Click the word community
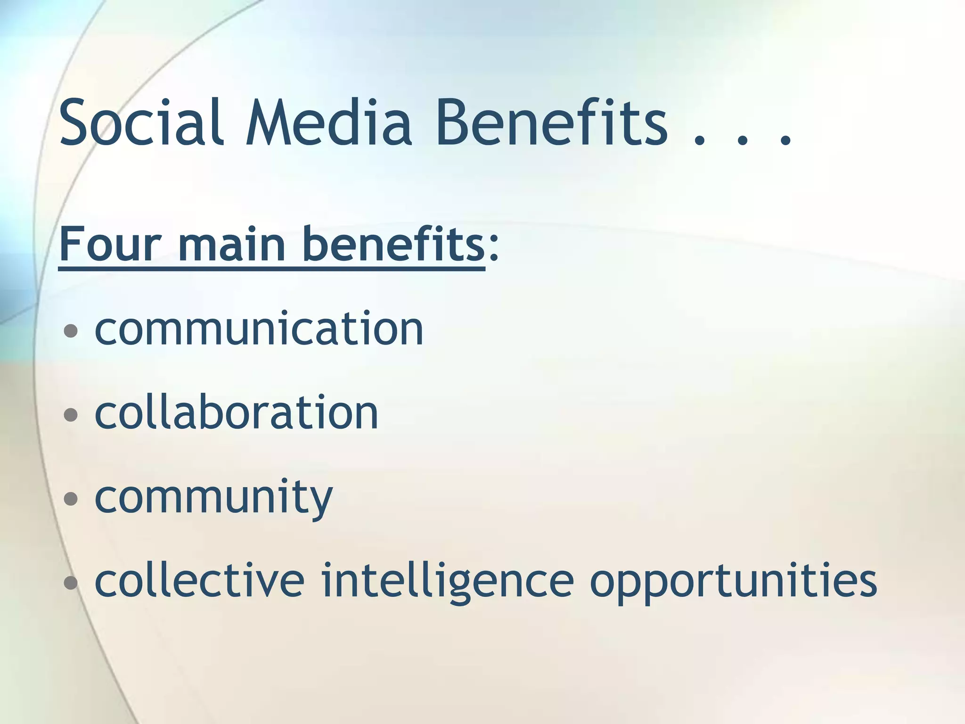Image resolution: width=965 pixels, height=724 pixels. pyautogui.click(x=214, y=498)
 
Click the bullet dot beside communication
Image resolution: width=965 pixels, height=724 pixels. pyautogui.click(x=71, y=331)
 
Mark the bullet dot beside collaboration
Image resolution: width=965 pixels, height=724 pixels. pyautogui.click(x=71, y=415)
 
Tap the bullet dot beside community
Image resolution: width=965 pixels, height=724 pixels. pyautogui.click(x=71, y=499)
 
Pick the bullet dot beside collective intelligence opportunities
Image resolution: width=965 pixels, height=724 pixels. pyautogui.click(x=71, y=583)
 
